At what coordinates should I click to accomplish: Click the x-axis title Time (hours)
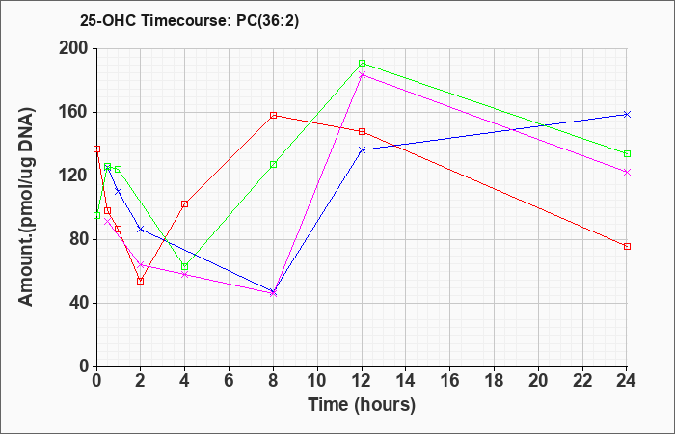362,404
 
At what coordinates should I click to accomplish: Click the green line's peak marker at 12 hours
362,64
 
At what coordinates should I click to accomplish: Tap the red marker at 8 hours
274,115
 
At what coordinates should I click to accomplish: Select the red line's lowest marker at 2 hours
140,281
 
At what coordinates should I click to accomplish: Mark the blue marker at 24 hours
627,114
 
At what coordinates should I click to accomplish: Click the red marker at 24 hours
627,246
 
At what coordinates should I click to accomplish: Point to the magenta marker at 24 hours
627,172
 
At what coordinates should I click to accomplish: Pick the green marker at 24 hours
627,154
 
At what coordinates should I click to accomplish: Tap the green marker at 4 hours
184,266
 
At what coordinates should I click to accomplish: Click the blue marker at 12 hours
362,149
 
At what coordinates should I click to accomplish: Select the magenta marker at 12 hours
362,74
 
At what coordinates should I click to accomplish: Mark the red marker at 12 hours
362,131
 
